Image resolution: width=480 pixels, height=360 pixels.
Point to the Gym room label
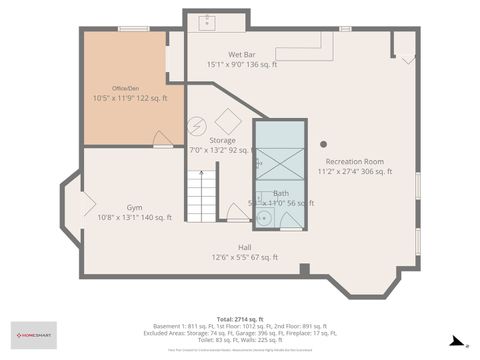click(x=133, y=207)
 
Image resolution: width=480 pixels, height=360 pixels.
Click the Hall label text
click(x=244, y=247)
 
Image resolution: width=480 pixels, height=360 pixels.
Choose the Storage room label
click(x=222, y=141)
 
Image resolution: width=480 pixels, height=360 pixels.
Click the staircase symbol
click(x=201, y=196)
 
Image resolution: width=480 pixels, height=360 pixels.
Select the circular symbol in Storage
click(x=196, y=126)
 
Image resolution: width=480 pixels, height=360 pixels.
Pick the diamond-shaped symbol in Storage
click(x=228, y=121)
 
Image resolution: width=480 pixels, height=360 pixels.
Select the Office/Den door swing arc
click(x=162, y=140)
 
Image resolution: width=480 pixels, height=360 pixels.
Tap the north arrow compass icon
click(x=455, y=341)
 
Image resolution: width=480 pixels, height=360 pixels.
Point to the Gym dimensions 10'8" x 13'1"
click(x=133, y=217)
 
